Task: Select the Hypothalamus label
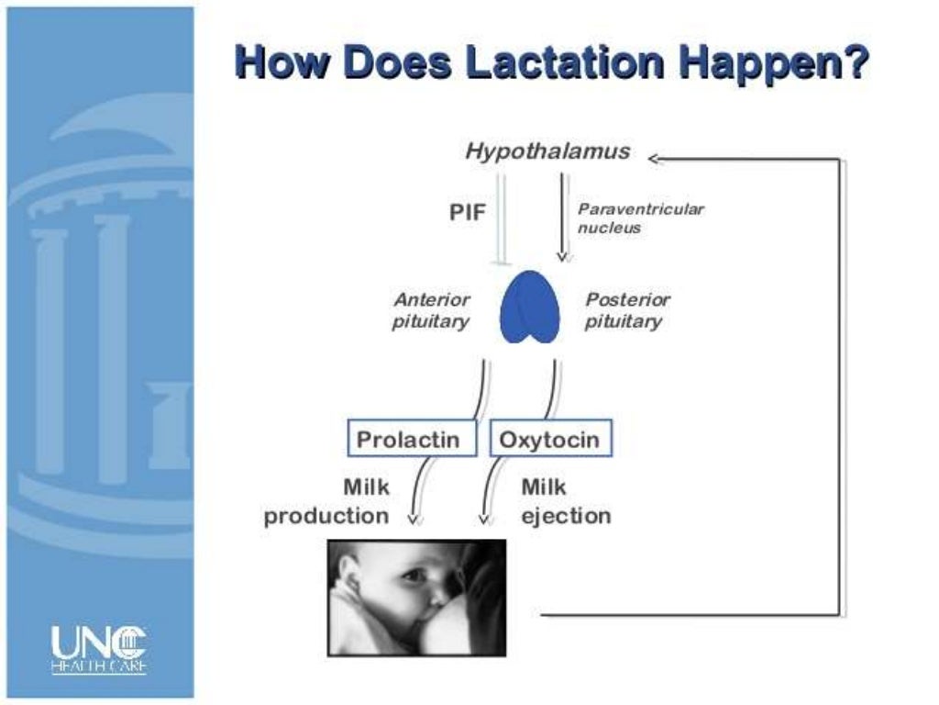pos(547,151)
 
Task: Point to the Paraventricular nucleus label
pos(640,218)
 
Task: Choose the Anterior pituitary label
pos(431,310)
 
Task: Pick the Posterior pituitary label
pos(627,310)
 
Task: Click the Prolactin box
pos(414,439)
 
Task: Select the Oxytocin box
pos(549,439)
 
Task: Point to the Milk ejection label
pos(565,501)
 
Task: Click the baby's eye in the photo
pos(413,576)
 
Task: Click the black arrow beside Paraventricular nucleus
pos(562,213)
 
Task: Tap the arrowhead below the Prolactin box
pos(414,519)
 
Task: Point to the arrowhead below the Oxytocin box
pos(487,519)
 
